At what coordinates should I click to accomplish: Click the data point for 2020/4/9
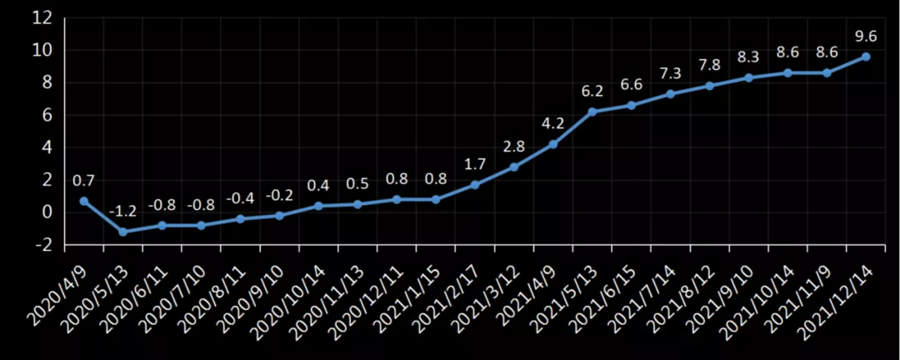84,201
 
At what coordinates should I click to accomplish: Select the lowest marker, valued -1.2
123,232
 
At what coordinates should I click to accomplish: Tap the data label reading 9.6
866,36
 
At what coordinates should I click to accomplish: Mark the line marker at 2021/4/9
553,144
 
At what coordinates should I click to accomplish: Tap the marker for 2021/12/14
866,56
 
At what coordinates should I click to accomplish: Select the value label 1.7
475,164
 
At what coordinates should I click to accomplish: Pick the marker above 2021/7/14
671,93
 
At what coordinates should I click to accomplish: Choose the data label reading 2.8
514,147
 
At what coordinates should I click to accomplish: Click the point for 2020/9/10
279,215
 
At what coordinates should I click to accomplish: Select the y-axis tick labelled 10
43,50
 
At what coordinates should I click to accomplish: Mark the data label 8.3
748,57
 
